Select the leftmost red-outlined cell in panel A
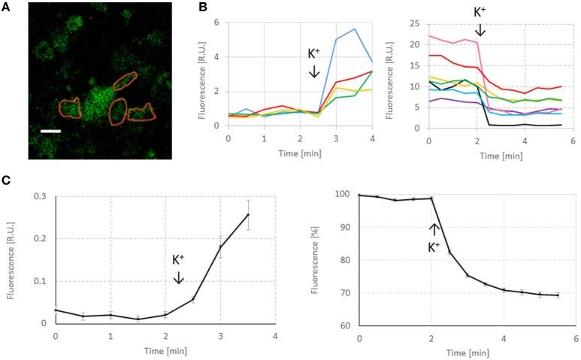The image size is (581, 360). [x=70, y=108]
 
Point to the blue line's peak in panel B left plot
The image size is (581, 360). [x=354, y=29]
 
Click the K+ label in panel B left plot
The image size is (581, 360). [x=316, y=55]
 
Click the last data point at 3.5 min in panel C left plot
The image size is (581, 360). [x=248, y=214]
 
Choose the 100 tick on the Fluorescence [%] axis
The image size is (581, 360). [x=343, y=195]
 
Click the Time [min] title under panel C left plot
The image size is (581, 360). [x=165, y=349]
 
